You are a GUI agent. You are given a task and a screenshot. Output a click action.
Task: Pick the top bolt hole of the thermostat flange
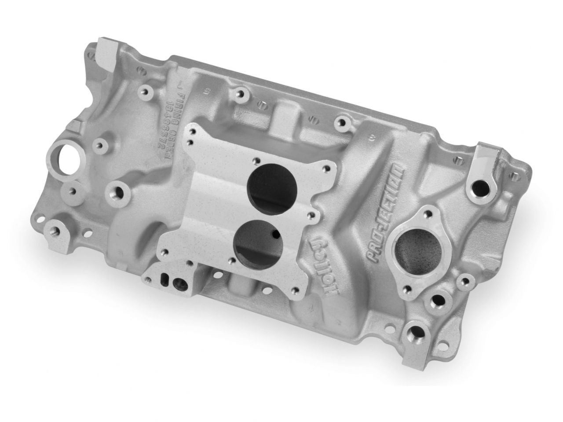point(426,216)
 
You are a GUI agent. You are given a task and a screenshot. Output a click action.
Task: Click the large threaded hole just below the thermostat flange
point(439,301)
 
